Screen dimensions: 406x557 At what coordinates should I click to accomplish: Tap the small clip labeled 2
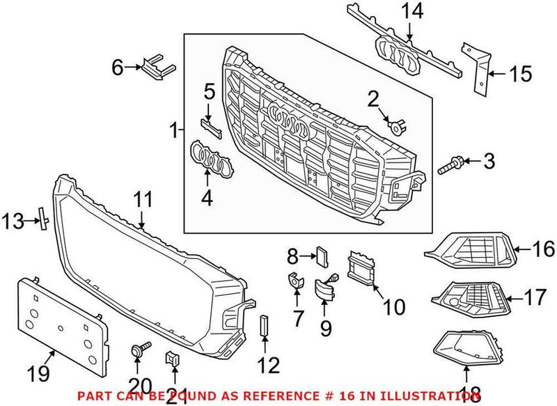tap(398, 127)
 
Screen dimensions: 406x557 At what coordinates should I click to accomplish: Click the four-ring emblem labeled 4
tap(210, 157)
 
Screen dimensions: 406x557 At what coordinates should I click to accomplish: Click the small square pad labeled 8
tap(322, 255)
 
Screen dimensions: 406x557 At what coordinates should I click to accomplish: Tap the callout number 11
tap(142, 199)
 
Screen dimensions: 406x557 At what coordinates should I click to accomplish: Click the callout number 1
tap(173, 130)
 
